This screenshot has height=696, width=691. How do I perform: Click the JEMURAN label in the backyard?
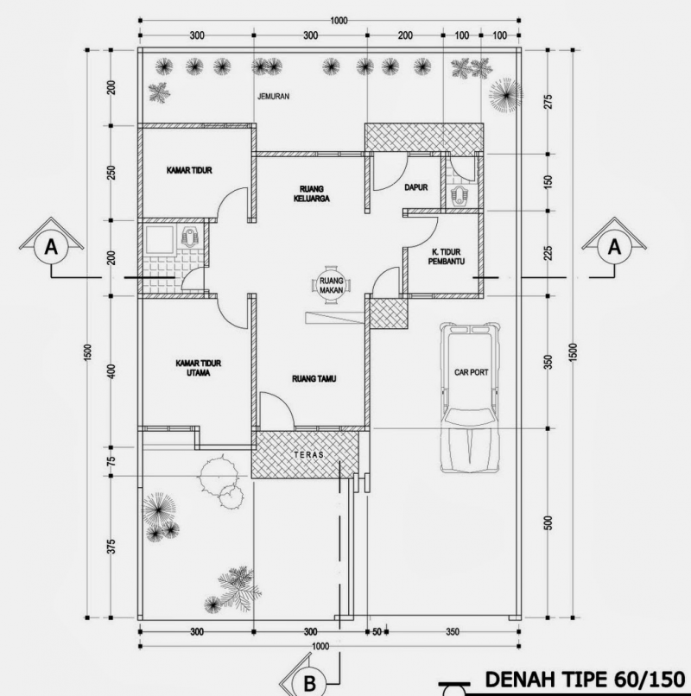273,97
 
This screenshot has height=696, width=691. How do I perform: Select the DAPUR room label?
415,186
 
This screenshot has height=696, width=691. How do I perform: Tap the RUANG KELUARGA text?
310,192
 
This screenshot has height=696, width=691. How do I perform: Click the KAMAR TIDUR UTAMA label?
194,369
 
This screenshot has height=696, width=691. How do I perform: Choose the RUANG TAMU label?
313,378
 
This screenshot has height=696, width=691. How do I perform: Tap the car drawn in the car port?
469,397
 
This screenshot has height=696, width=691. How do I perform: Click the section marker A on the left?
51,247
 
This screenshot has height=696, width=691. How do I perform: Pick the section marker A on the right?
615,247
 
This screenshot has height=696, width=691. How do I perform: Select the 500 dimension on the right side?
548,524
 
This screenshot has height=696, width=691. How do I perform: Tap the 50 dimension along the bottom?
377,632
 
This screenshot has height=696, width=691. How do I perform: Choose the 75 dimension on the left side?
111,459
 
